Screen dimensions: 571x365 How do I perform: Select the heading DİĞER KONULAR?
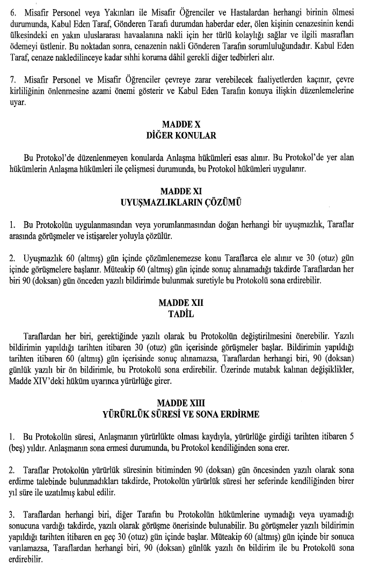pos(181,136)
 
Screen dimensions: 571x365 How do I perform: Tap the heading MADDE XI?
pos(181,192)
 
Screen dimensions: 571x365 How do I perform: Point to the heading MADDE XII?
pos(181,303)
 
